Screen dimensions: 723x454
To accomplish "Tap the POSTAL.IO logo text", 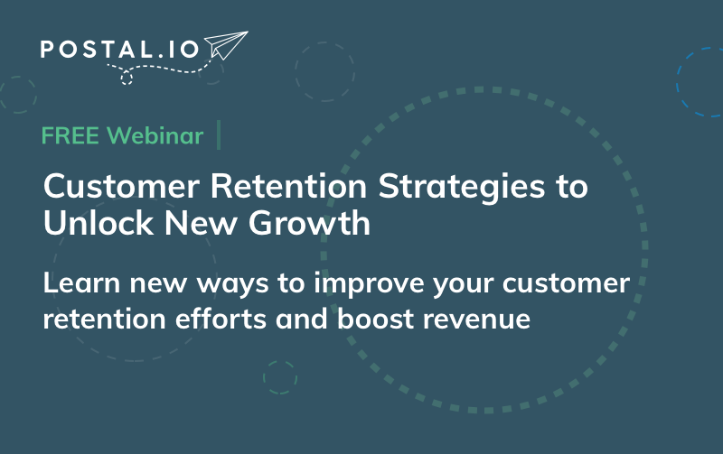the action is tap(120, 50).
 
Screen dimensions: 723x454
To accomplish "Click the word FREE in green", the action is tap(70, 135).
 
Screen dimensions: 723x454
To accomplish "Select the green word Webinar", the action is tap(155, 135).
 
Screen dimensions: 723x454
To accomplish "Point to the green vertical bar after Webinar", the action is tap(219, 134).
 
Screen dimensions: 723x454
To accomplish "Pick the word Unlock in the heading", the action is tap(99, 223).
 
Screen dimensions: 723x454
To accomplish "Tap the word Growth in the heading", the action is tap(309, 223).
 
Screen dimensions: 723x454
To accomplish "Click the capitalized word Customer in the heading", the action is tap(122, 186).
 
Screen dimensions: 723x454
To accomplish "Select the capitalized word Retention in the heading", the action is tap(288, 186).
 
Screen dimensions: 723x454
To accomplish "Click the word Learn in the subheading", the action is tap(81, 283).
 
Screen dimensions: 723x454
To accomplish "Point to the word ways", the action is tap(232, 285).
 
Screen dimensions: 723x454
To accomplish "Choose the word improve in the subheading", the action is tap(368, 284).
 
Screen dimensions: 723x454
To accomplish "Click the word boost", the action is tap(375, 319).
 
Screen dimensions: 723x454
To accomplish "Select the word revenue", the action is tap(477, 320).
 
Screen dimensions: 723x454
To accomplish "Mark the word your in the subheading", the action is tap(463, 285).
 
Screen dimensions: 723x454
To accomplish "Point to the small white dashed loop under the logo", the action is tap(127, 79).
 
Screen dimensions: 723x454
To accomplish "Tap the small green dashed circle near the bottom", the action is tap(280, 377).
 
